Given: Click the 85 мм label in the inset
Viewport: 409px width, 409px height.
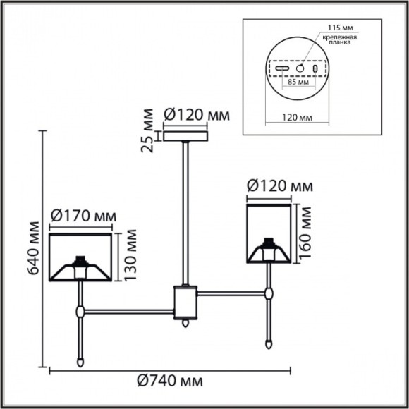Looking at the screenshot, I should point(298,82).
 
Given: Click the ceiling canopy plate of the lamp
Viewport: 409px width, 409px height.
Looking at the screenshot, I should point(186,134).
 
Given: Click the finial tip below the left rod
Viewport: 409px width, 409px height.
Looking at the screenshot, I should point(81,361).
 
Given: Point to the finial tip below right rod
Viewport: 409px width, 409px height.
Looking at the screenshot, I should point(268,343).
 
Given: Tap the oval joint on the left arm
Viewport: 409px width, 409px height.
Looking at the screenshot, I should point(81,310).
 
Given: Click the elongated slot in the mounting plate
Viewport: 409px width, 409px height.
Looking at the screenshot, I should point(282,69).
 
